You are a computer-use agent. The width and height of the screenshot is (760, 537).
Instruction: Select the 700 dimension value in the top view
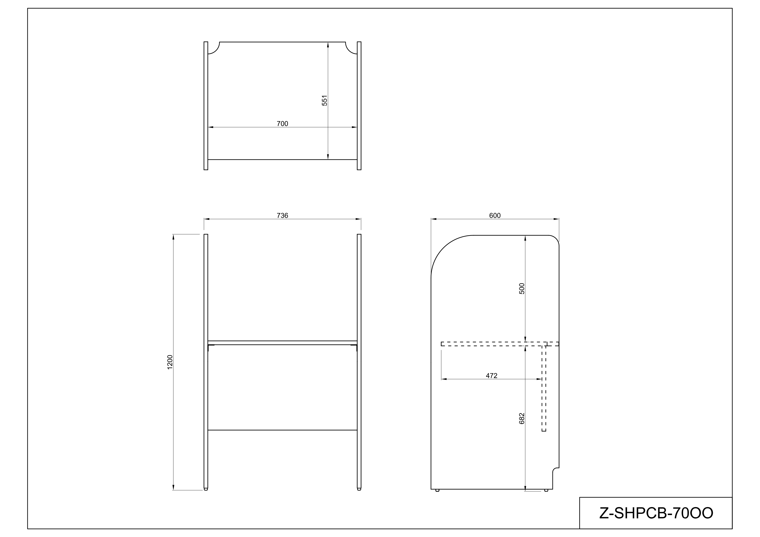282,124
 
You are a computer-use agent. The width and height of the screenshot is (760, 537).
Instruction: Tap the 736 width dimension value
282,216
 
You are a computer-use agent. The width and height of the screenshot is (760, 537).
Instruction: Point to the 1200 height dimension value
170,362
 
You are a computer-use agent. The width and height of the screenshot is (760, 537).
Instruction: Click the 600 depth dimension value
495,216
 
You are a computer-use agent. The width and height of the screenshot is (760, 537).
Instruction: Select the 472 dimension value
492,376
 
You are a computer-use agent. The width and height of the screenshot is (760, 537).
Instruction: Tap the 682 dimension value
522,419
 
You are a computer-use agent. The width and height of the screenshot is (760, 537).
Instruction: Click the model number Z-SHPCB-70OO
656,513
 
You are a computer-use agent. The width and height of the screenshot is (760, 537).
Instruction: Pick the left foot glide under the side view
437,490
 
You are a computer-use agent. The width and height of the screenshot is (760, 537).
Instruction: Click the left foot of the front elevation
206,489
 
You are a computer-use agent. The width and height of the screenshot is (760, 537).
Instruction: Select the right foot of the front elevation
359,489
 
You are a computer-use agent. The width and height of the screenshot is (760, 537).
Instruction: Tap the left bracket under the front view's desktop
211,347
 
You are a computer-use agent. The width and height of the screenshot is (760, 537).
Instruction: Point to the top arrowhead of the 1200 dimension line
174,237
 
